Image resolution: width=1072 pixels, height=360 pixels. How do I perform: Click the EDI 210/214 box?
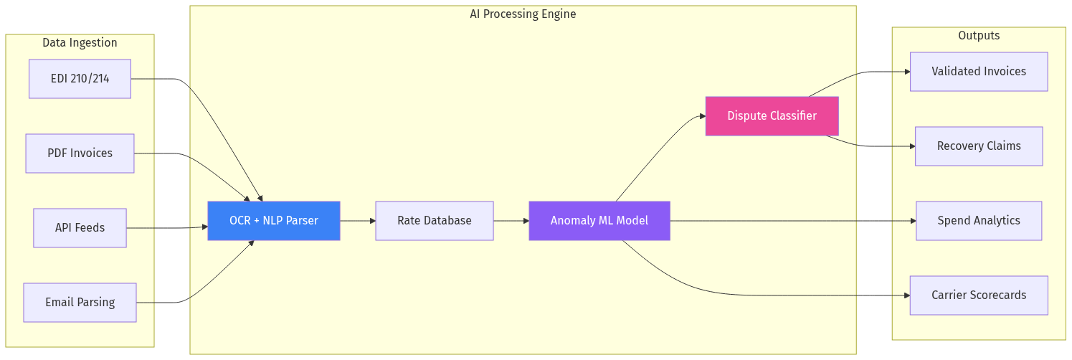[x=80, y=79]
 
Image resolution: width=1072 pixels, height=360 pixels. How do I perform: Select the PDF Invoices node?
[x=80, y=153]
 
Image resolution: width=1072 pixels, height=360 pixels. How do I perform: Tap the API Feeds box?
[x=80, y=228]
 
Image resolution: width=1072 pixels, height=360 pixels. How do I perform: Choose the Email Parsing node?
[x=80, y=303]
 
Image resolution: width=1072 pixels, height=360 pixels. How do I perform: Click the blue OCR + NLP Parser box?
[x=273, y=221]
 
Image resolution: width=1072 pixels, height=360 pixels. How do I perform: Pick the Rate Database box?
[x=434, y=221]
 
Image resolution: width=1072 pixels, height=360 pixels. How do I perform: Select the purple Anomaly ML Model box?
[x=599, y=221]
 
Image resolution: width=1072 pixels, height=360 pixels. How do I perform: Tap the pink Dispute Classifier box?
[x=772, y=116]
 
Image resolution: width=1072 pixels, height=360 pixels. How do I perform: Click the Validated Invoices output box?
[x=978, y=72]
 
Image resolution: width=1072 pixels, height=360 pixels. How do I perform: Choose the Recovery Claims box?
[x=978, y=146]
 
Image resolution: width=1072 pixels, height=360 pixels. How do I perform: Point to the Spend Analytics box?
[x=978, y=221]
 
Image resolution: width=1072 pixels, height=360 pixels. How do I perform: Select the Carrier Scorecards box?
[x=978, y=295]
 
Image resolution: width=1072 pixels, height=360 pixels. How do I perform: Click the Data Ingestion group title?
[x=80, y=43]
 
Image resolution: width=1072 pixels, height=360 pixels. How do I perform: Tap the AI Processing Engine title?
[x=522, y=14]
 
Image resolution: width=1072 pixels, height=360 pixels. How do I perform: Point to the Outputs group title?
[x=978, y=36]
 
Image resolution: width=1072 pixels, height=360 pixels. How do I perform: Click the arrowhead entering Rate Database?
[x=372, y=221]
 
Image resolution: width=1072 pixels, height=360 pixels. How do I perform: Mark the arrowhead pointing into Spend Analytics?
[x=913, y=221]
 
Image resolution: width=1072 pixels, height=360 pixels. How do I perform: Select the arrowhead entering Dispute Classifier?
[x=702, y=116]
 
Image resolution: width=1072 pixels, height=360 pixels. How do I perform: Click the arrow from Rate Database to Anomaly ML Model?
[x=511, y=221]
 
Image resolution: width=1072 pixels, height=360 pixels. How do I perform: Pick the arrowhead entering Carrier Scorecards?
[x=906, y=295]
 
